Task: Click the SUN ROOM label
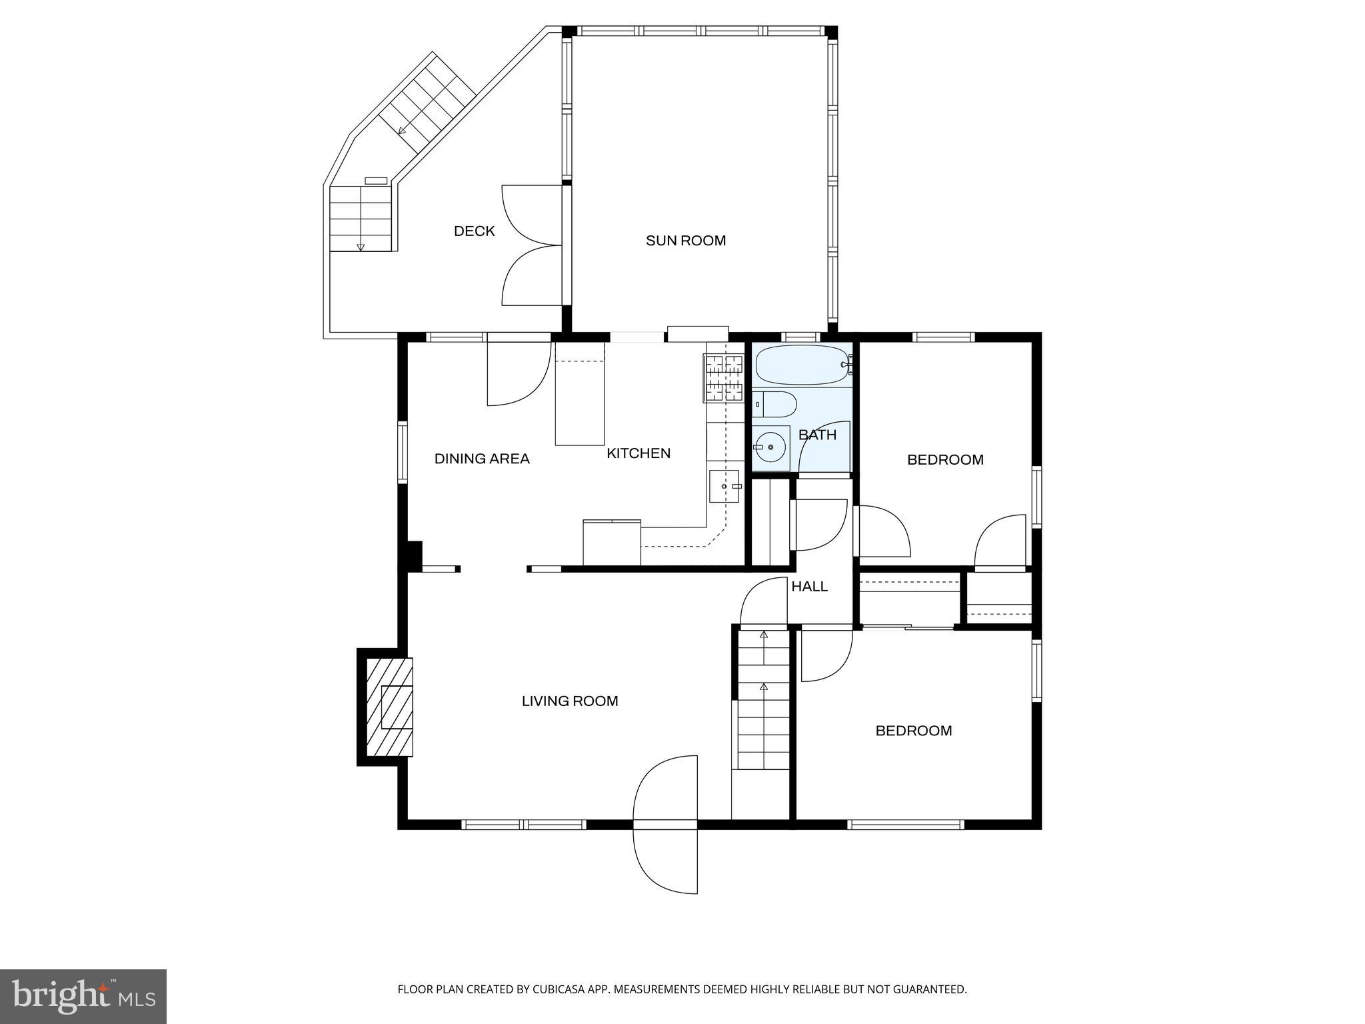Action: point(685,241)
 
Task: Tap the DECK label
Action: point(474,231)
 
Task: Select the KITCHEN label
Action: point(638,453)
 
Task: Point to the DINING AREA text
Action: point(482,459)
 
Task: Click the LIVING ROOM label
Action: point(570,701)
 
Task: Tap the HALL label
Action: point(809,587)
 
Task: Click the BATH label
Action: point(817,435)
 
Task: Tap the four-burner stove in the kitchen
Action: point(723,378)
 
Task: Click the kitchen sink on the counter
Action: point(724,486)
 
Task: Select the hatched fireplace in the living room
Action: point(389,707)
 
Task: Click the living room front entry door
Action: point(665,825)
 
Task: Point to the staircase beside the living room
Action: point(763,700)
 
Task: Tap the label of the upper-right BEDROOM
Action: point(945,460)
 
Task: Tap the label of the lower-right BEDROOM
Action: point(913,731)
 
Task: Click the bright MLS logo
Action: point(83,996)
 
